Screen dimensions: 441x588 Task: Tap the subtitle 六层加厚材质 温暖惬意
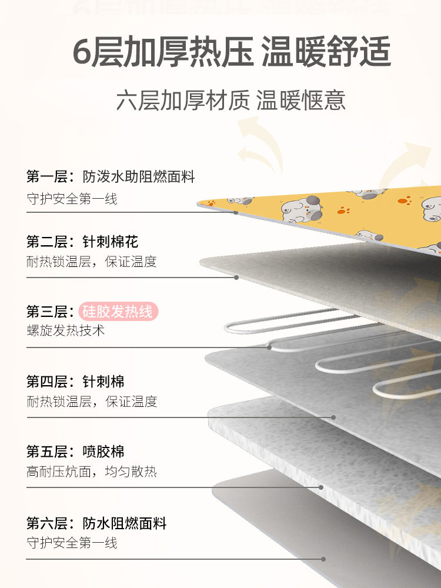[230, 101]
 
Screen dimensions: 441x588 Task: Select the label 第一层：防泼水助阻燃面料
[111, 176]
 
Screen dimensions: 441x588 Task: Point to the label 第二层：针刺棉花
[82, 242]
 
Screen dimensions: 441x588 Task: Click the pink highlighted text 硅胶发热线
[118, 311]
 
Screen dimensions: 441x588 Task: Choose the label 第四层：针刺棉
[75, 382]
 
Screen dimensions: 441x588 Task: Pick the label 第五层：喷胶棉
[75, 452]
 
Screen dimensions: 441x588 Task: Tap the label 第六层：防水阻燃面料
[96, 523]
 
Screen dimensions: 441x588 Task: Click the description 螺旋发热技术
[66, 330]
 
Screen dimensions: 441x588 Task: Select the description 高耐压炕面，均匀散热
[92, 472]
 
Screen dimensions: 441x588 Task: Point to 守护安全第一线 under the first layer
[72, 199]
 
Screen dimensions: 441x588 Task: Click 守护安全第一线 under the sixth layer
[72, 542]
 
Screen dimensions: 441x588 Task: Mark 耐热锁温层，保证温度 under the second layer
[92, 262]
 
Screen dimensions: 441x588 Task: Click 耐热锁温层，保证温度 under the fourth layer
[92, 402]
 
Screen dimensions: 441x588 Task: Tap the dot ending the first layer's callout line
[236, 212]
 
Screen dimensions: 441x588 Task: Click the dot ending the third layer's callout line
[269, 347]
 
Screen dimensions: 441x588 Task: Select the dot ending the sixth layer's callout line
[323, 559]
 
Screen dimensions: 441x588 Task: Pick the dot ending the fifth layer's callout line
[321, 487]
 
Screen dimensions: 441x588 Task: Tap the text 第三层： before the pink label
[51, 312]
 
